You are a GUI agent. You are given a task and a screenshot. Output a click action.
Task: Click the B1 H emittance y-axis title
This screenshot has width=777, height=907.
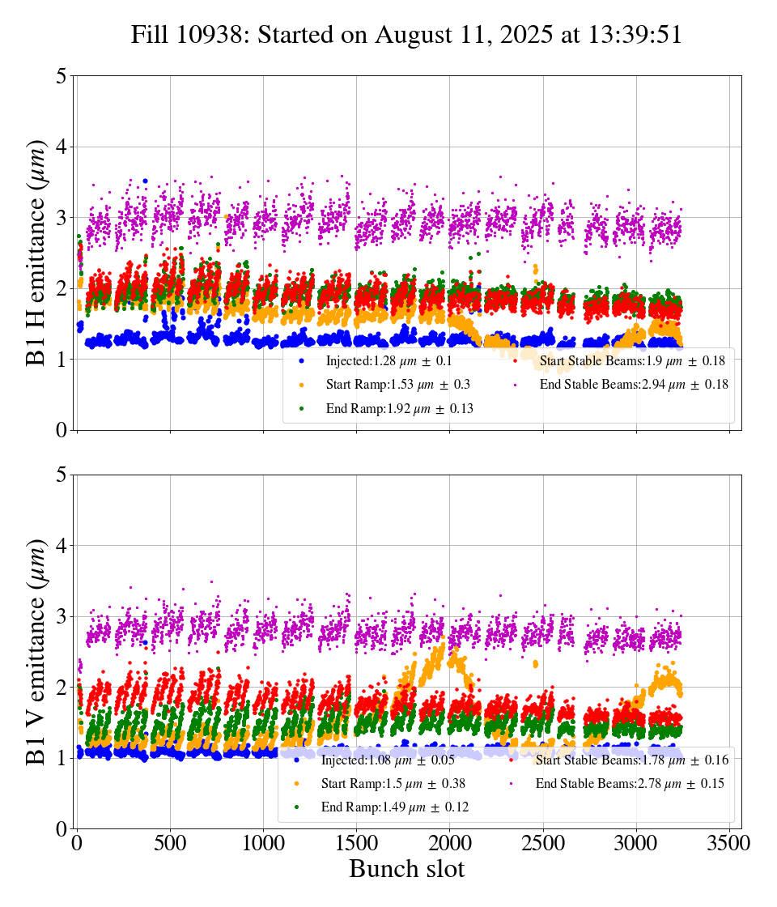[36, 253]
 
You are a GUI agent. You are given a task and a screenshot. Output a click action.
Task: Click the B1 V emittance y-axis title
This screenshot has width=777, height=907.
[36, 651]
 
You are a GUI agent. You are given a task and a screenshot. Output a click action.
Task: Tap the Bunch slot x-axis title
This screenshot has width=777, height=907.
[406, 870]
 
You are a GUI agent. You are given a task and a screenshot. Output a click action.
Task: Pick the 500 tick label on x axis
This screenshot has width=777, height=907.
[170, 843]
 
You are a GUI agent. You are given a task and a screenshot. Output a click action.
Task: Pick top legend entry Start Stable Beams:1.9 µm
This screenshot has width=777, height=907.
[632, 361]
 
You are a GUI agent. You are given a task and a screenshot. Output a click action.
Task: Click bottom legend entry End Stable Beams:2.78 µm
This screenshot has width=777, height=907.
[630, 784]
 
